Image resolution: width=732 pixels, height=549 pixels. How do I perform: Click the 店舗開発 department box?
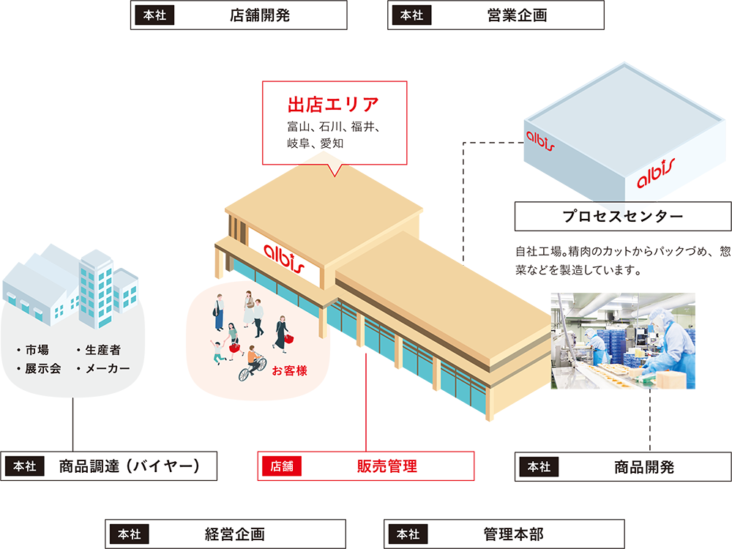[239, 15]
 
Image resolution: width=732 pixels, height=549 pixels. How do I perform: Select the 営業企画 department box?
[496, 15]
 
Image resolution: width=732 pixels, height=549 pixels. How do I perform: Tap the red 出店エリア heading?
[333, 105]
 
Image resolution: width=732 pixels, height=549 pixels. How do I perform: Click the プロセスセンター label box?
[623, 216]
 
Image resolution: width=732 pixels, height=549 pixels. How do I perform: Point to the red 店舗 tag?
[282, 466]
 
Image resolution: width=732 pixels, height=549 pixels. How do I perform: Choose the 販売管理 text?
[387, 466]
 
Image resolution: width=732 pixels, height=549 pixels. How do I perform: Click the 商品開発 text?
[643, 467]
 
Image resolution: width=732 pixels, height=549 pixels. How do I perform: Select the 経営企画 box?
[225, 534]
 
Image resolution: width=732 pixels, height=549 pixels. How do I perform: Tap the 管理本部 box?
[504, 534]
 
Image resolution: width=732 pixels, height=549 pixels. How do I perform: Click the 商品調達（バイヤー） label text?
[130, 466]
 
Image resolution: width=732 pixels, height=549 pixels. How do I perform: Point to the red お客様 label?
[289, 370]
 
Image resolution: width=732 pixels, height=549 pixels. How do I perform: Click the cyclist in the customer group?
[253, 363]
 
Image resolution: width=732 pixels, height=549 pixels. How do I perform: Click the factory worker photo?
[623, 341]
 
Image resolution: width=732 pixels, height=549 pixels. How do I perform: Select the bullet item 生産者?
[99, 350]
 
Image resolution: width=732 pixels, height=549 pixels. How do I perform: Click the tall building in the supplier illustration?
[96, 289]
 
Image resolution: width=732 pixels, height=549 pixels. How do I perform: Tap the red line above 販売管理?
[366, 403]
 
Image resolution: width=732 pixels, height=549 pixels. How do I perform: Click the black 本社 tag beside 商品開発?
[539, 467]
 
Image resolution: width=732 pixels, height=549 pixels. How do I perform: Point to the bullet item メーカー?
[103, 368]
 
